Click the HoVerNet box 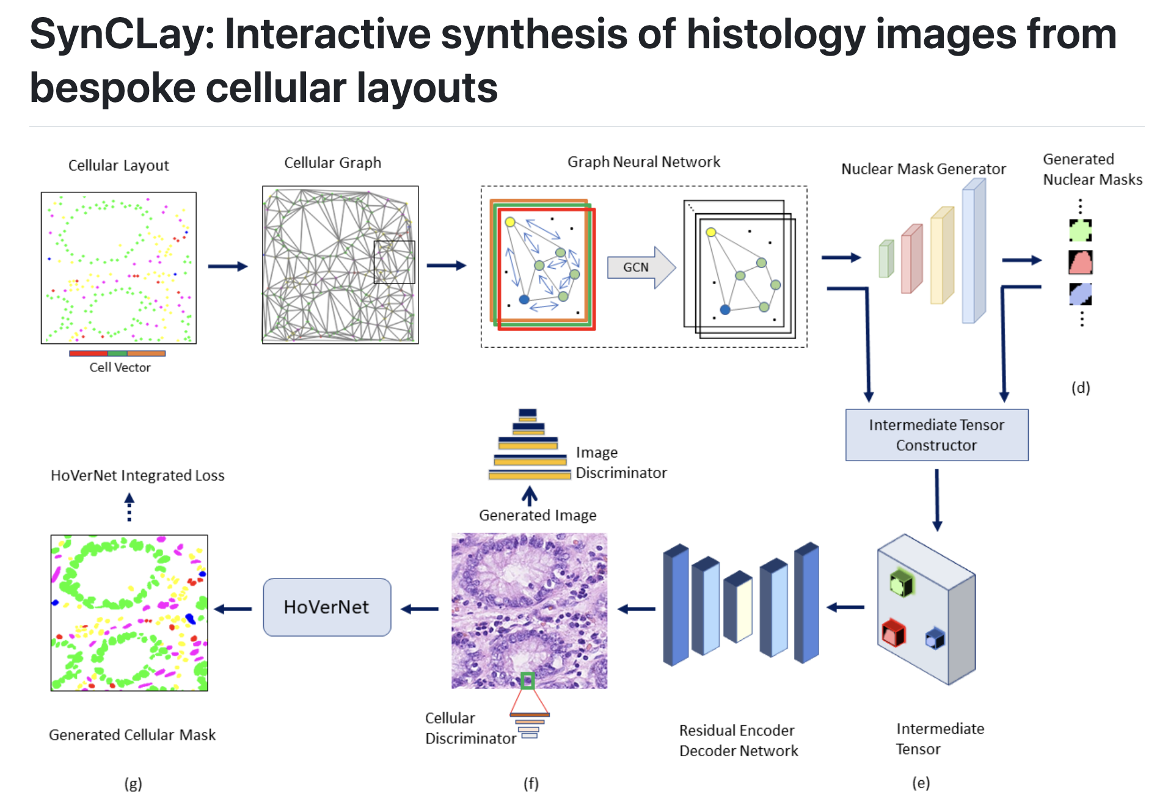pos(327,607)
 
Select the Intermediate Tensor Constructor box pos(936,435)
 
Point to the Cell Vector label pos(120,368)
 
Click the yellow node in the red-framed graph pos(510,222)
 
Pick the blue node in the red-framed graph pos(524,299)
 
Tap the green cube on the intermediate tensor pos(901,583)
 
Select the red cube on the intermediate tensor pos(893,633)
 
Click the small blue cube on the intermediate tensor pos(935,639)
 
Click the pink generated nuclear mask pos(1080,263)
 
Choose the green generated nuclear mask pos(1080,231)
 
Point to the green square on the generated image pos(527,680)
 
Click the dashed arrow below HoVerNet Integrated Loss pos(129,508)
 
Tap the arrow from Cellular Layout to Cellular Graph pos(227,266)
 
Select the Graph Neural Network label pos(643,162)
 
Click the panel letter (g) pos(133,784)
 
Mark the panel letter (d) pos(1080,388)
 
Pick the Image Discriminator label pos(620,462)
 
